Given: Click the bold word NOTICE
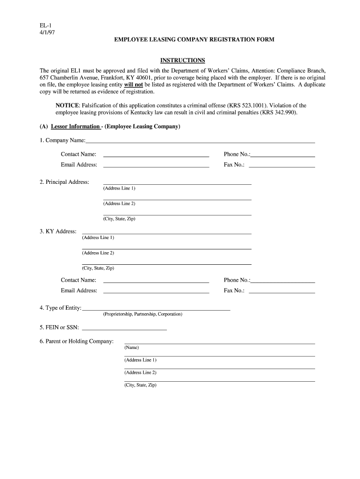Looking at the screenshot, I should (x=67, y=106).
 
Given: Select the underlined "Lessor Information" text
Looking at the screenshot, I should (x=75, y=127).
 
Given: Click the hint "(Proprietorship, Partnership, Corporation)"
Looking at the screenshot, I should (x=143, y=314).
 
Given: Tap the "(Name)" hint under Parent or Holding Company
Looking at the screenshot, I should (x=131, y=348).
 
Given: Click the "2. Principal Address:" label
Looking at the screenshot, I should (x=65, y=182).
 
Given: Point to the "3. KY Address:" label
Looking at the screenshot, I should (x=58, y=232).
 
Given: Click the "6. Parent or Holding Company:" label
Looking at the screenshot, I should (x=77, y=341).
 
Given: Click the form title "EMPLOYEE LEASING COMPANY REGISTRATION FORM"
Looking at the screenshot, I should (x=194, y=40).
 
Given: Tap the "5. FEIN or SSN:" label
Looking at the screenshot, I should (x=59, y=327).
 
